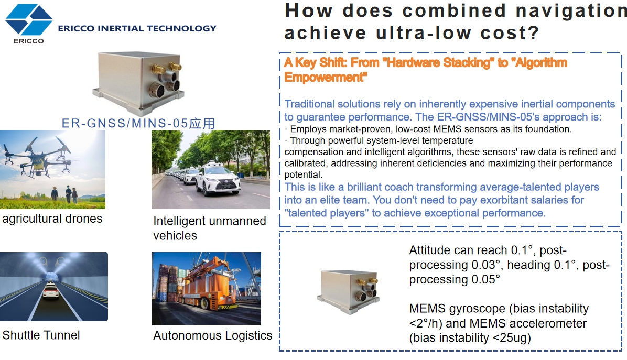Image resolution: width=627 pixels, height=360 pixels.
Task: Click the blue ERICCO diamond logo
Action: coord(29,19)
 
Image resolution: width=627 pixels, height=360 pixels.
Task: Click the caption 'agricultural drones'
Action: coord(52,219)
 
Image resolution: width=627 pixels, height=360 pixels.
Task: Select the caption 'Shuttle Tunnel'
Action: coord(41,335)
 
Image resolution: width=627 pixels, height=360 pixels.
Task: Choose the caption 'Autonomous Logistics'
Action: coord(213,335)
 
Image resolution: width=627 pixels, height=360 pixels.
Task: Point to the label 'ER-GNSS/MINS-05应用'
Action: coord(138,123)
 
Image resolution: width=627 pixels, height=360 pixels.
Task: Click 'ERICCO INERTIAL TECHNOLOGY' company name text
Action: coord(137,28)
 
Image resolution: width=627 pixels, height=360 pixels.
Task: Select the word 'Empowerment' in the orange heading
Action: coord(326,77)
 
